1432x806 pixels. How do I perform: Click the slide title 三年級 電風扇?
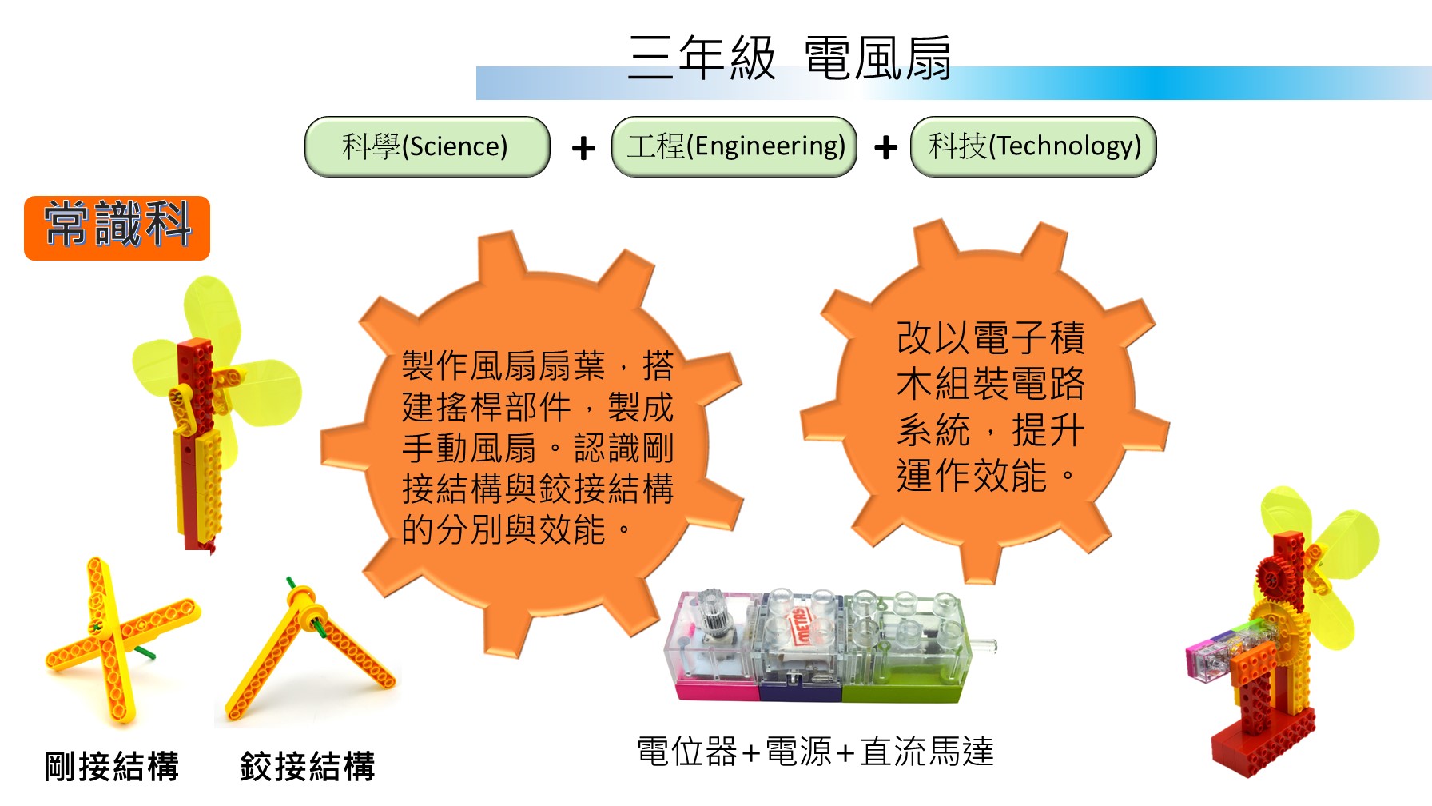click(x=789, y=58)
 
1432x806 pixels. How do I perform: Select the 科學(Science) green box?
click(x=428, y=146)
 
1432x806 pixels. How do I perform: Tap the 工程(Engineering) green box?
click(x=734, y=146)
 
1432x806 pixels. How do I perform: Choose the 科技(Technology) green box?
click(x=1034, y=146)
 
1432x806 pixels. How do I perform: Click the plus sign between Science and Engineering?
click(x=583, y=148)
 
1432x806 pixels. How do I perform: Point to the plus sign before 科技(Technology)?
click(x=885, y=148)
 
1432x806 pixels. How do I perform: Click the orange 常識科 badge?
click(x=117, y=228)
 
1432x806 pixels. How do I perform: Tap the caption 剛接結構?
click(x=111, y=765)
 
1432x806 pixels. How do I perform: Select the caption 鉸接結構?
click(x=308, y=765)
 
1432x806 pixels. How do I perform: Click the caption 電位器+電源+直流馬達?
click(x=815, y=752)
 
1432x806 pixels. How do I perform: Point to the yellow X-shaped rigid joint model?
click(x=120, y=640)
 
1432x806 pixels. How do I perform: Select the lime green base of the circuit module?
click(x=903, y=689)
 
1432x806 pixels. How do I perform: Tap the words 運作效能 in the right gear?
click(x=972, y=477)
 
